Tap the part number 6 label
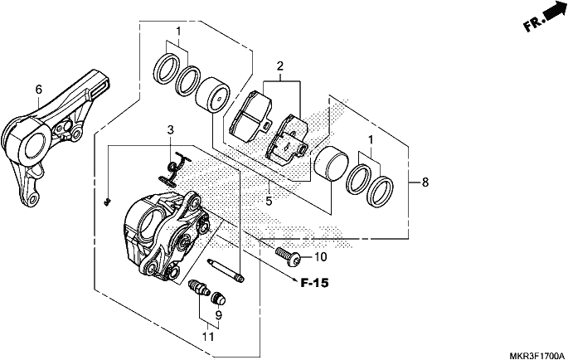[x=39, y=90]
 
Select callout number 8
[x=425, y=182]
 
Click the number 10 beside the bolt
[x=320, y=257]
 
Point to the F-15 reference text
[x=315, y=283]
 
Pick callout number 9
[x=218, y=315]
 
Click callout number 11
[x=208, y=337]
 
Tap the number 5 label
[x=269, y=201]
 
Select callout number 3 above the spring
[x=171, y=129]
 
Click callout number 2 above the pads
[x=279, y=66]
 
